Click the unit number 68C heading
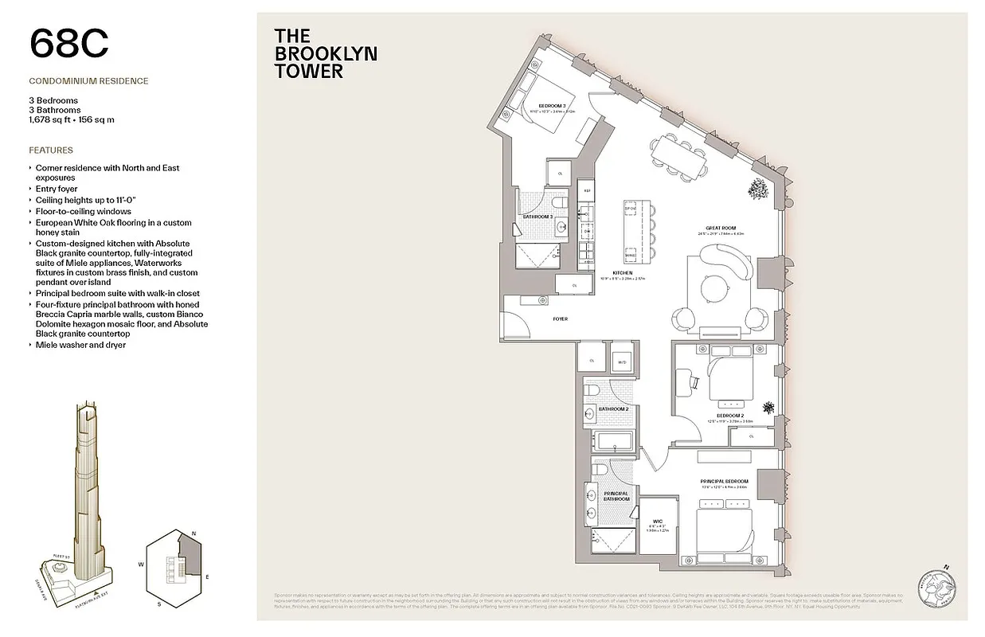pos(68,43)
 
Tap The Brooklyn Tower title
pos(325,53)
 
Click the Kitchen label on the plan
pos(623,273)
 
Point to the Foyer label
pos(561,318)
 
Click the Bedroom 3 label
pos(552,106)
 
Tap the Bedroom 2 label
pos(730,416)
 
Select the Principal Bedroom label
pos(724,482)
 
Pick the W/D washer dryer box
pos(623,362)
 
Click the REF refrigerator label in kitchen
pos(588,191)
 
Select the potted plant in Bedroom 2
pos(768,408)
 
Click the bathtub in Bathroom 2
pos(612,441)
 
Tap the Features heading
pos(51,150)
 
